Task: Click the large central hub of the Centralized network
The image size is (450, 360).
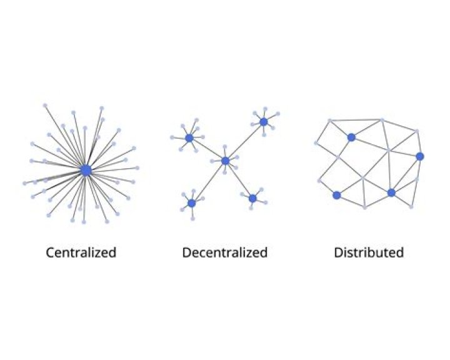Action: click(x=86, y=170)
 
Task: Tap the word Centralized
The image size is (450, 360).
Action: click(x=81, y=252)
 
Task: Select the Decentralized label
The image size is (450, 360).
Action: click(x=225, y=252)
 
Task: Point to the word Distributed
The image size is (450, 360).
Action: click(x=369, y=252)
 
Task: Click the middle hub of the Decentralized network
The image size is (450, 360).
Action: click(x=226, y=161)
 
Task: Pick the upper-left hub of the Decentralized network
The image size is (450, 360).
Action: click(x=189, y=137)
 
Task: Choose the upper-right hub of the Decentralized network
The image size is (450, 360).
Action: click(x=264, y=121)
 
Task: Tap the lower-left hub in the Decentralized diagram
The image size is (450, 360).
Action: click(x=192, y=203)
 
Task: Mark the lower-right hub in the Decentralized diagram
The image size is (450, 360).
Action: click(x=252, y=198)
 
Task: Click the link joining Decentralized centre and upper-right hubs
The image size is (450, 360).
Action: click(x=245, y=141)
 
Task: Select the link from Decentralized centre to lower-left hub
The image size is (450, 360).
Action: click(x=209, y=182)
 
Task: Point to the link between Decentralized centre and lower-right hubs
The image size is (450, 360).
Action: click(x=239, y=179)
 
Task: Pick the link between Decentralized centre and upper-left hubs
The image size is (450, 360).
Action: click(x=207, y=149)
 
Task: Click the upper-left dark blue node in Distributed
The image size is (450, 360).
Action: click(x=351, y=137)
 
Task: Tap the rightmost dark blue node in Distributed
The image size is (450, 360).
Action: click(x=419, y=156)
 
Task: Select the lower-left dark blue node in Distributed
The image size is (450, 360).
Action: click(x=337, y=195)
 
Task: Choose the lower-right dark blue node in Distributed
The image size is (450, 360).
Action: click(x=391, y=192)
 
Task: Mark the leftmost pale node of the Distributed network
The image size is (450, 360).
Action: click(x=316, y=143)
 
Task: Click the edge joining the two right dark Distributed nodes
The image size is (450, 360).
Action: click(x=406, y=174)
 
